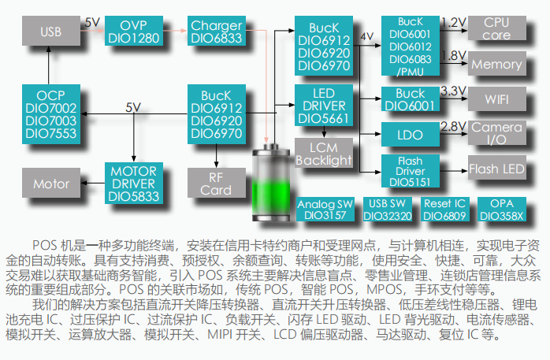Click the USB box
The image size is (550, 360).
tap(50, 32)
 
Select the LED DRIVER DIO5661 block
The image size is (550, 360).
tap(324, 105)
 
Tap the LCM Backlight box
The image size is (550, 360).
tap(324, 153)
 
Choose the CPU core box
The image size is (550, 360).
tap(496, 29)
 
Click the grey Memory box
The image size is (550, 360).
tap(496, 65)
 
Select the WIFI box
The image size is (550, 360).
tap(496, 99)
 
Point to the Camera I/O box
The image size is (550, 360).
tap(496, 133)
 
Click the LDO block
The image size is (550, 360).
tap(410, 135)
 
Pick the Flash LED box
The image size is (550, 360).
tap(496, 169)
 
